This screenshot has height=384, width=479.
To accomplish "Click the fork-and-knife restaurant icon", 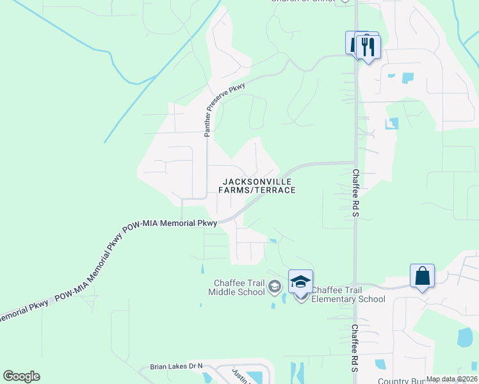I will pos(368,47).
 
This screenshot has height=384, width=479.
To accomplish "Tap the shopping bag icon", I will pos(422,276).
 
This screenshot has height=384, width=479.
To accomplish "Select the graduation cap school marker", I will pos(300,282).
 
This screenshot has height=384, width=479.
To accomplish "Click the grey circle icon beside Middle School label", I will pos(275,285).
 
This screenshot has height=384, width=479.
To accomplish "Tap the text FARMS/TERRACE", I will pos(257,190).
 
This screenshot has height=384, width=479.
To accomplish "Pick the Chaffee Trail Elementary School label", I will pos(348,294).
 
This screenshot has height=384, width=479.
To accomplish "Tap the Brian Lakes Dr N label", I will pos(176,367).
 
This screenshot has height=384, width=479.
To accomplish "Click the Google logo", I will pos(21,376).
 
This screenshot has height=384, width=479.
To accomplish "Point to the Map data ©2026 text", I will pos(451,379).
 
